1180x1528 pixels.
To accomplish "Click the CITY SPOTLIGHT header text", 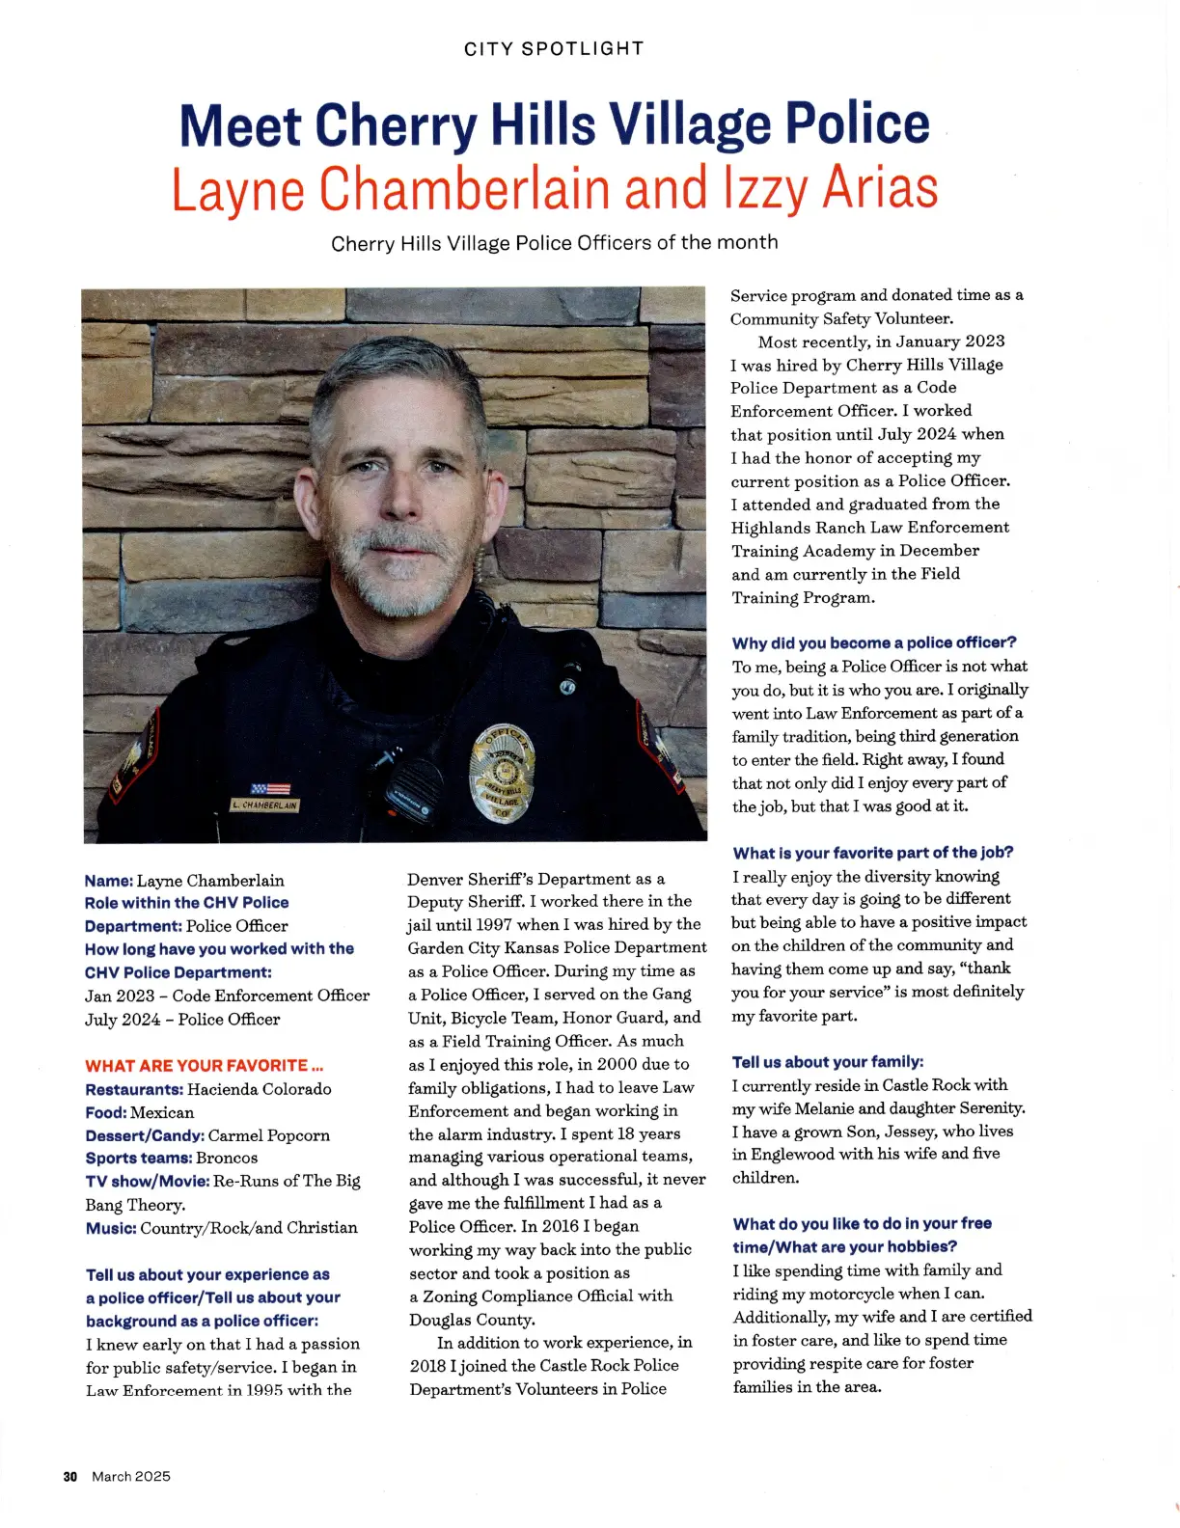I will point(553,49).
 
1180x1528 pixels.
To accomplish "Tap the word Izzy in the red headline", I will point(765,188).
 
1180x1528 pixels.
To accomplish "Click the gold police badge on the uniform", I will point(501,773).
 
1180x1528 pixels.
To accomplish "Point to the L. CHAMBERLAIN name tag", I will point(264,805).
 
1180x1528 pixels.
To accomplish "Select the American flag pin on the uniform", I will point(270,788).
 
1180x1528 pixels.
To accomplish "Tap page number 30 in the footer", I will point(69,1477).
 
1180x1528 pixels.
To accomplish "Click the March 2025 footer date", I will point(131,1477).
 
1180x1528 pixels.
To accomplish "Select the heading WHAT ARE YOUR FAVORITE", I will point(204,1066).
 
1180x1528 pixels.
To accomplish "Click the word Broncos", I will point(227,1158).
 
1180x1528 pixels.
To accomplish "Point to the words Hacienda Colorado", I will point(260,1089).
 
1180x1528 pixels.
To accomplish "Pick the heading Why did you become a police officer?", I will point(874,642).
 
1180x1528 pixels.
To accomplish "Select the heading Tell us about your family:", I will point(828,1062).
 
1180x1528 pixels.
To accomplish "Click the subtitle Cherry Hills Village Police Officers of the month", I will point(554,243).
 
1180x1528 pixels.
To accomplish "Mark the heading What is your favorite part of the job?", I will point(873,853).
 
